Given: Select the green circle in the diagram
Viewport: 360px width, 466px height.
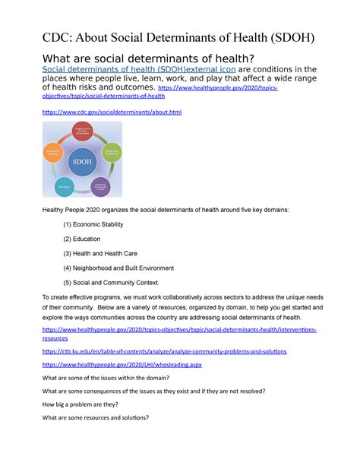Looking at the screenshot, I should tap(111, 151).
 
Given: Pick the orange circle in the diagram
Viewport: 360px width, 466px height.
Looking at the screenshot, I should tap(52, 153).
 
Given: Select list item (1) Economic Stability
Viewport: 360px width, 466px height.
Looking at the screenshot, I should tap(93, 224).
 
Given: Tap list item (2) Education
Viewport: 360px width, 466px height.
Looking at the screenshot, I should tap(83, 239).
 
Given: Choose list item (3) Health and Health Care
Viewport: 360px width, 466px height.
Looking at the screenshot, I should tap(103, 253).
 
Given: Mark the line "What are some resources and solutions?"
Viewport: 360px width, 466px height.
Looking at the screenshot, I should tap(95, 417).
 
